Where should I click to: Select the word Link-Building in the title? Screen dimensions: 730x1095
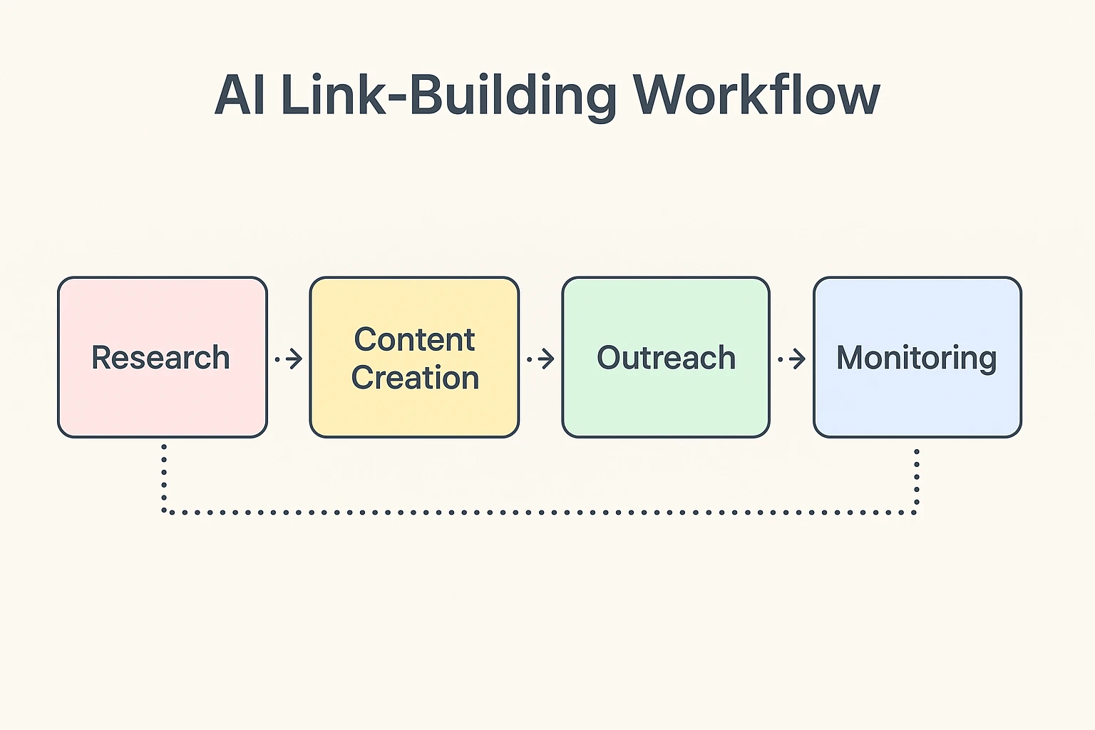(449, 95)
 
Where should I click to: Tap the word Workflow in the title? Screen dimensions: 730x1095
(756, 95)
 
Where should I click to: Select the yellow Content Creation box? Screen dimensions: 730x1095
(414, 413)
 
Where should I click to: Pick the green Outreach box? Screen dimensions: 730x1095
(666, 406)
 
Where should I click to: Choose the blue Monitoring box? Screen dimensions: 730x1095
(917, 406)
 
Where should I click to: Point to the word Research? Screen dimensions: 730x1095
(161, 358)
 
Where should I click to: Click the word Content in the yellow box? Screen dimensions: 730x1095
(414, 339)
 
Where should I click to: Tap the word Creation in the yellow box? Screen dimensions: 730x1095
(415, 378)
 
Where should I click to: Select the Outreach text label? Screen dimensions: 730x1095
(666, 358)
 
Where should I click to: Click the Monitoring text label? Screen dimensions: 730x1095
(916, 358)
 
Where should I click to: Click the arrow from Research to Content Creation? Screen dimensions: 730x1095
(289, 359)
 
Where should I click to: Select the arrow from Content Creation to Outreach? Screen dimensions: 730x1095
(541, 359)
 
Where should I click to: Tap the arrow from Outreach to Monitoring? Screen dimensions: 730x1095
(792, 359)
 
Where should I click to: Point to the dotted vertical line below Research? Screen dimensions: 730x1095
(164, 474)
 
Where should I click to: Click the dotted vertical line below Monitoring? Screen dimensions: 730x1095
(917, 478)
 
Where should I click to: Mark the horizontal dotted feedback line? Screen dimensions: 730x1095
(540, 512)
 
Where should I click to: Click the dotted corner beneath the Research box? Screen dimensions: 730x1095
(165, 511)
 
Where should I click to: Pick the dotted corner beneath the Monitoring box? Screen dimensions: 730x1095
(916, 511)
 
